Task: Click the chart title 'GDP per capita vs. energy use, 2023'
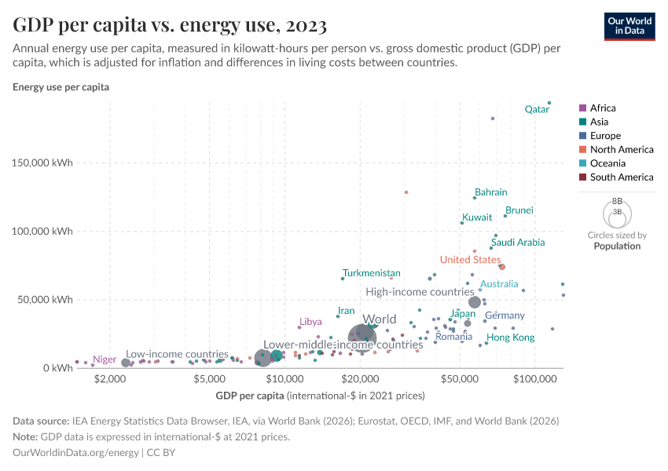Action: pyautogui.click(x=170, y=25)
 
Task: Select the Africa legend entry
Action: pyautogui.click(x=602, y=108)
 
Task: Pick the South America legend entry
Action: pyautogui.click(x=621, y=177)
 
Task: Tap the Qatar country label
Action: pyautogui.click(x=537, y=110)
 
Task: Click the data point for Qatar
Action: pyautogui.click(x=549, y=103)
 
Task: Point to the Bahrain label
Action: pyautogui.click(x=490, y=192)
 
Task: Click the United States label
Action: pyautogui.click(x=470, y=260)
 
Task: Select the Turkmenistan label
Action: pyautogui.click(x=371, y=273)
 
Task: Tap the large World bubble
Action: pyautogui.click(x=362, y=338)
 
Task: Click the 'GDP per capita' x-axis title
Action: pyautogui.click(x=250, y=394)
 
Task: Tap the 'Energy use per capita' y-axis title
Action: pyautogui.click(x=61, y=87)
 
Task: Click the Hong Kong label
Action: pyautogui.click(x=511, y=338)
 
